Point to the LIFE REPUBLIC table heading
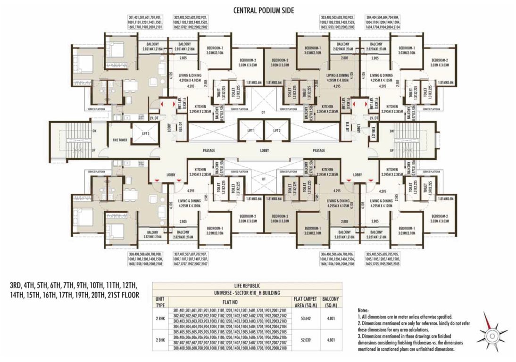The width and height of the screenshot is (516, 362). [x=247, y=286]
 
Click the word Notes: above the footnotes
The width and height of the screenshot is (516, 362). [x=365, y=311]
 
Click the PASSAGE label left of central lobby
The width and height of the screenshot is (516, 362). [x=209, y=150]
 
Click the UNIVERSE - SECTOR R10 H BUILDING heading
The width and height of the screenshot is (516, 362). [x=247, y=292]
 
